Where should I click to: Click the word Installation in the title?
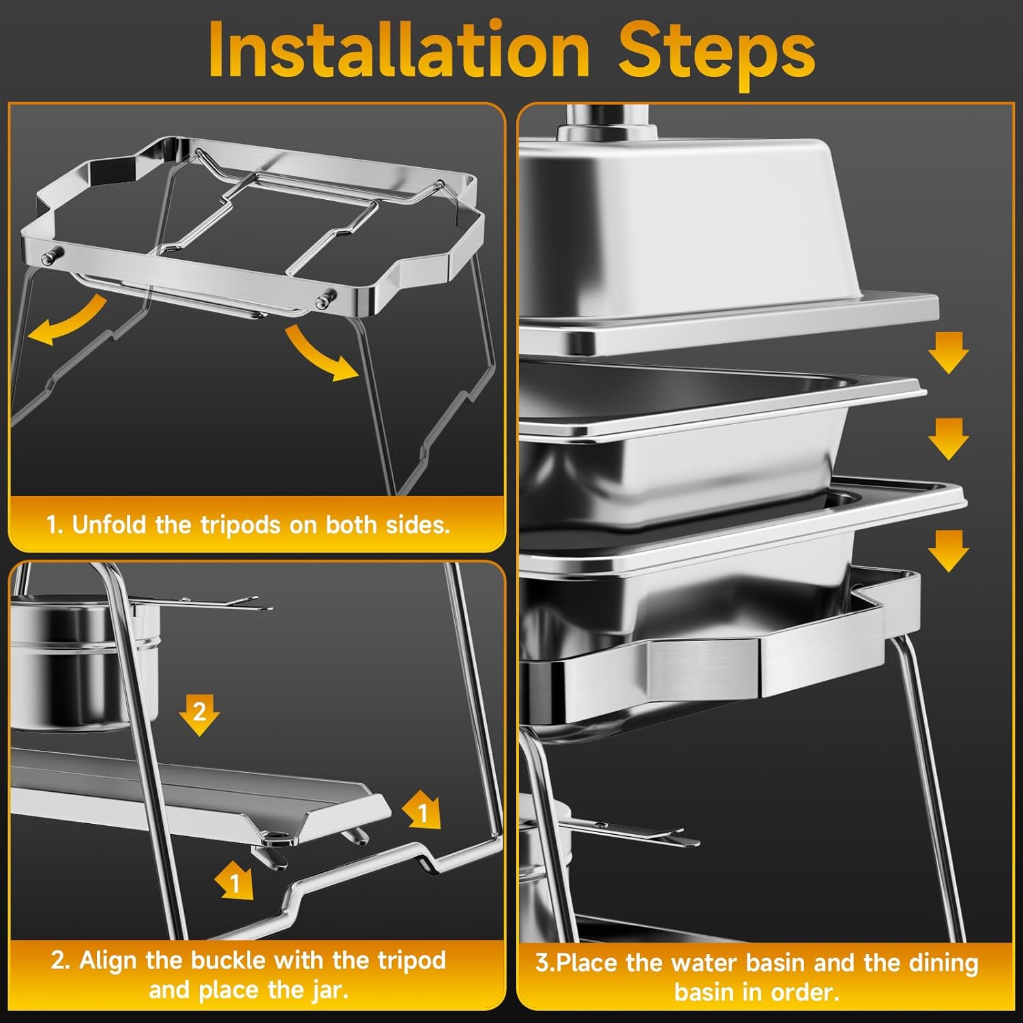[399, 50]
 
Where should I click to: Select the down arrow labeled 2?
[199, 715]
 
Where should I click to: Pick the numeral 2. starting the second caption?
[61, 961]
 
